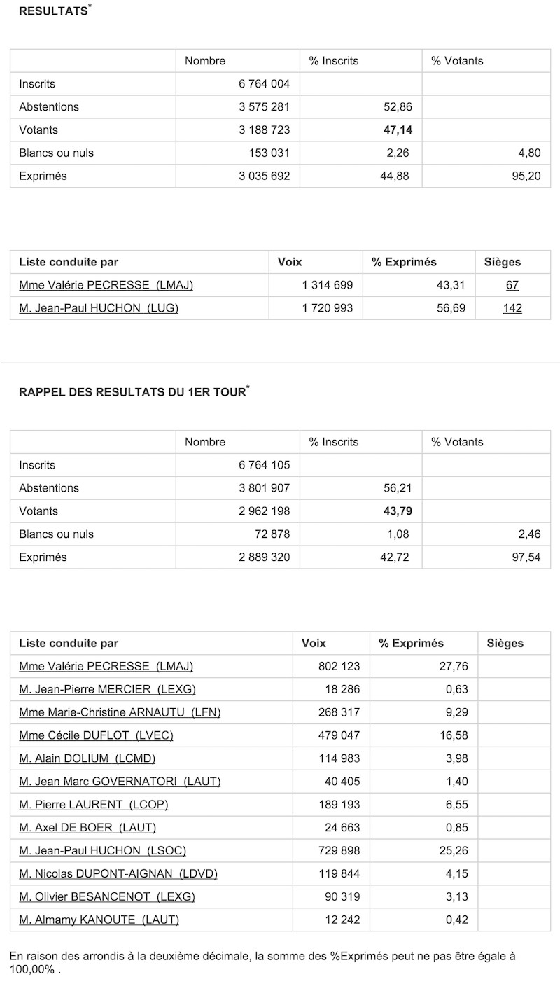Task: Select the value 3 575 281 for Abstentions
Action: coord(264,107)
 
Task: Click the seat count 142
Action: coord(512,308)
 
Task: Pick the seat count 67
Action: coord(512,285)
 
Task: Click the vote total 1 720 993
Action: coord(328,308)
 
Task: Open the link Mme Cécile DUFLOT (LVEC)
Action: coord(96,735)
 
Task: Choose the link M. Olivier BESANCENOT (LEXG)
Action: coord(107,896)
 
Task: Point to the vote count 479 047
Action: coord(339,735)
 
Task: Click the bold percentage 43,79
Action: coord(398,511)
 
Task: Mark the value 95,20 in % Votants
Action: coord(526,176)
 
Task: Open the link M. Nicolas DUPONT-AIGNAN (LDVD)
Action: coord(118,873)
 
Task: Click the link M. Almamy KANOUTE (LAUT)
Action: coord(99,920)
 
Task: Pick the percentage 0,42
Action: coord(456,920)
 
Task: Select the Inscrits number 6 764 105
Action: coord(264,465)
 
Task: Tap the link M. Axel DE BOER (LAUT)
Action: coord(87,827)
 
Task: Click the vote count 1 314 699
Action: coord(328,285)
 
